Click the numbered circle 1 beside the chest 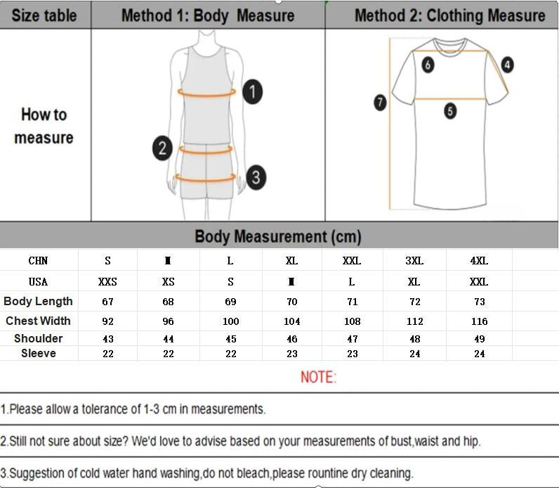(x=253, y=91)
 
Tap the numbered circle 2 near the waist (x=162, y=148)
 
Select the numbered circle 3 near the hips (x=256, y=177)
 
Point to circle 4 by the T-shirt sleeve (x=507, y=65)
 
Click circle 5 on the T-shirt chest (x=450, y=110)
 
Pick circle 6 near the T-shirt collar (x=428, y=65)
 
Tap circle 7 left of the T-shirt (x=380, y=103)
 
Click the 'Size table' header (x=44, y=15)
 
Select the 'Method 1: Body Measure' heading (x=208, y=15)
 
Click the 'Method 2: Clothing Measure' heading (x=449, y=15)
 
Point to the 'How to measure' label (x=44, y=126)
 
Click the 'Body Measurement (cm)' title (x=278, y=236)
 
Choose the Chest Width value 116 (x=479, y=321)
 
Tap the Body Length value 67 (x=107, y=302)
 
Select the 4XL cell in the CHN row (x=479, y=261)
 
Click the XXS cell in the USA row (x=107, y=282)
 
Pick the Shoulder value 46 (x=291, y=339)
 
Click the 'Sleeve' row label (x=39, y=353)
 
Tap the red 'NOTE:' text (x=318, y=377)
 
